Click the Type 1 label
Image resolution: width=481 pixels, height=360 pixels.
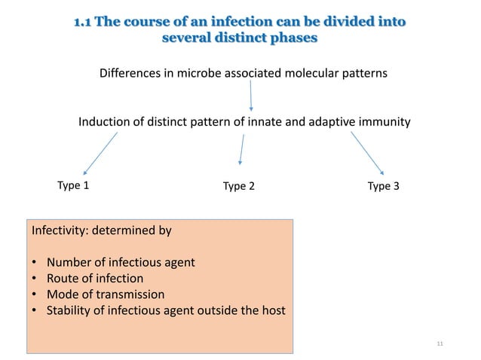pos(73,185)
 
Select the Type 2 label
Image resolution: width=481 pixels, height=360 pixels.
pos(239,186)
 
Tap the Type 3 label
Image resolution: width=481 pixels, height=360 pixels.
pos(383,186)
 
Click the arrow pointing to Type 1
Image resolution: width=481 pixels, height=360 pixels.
pos(100,154)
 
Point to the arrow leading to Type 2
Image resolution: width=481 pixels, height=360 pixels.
pos(241,149)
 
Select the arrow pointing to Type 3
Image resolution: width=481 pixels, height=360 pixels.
pos(368,154)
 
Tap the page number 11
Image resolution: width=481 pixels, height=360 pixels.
pos(441,344)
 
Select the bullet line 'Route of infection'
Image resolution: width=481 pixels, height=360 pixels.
pos(94,278)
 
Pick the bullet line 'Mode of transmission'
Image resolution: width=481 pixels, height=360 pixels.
pos(105,294)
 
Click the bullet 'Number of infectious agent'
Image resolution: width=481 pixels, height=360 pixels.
pos(121,262)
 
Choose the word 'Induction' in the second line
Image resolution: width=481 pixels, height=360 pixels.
pos(106,121)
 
